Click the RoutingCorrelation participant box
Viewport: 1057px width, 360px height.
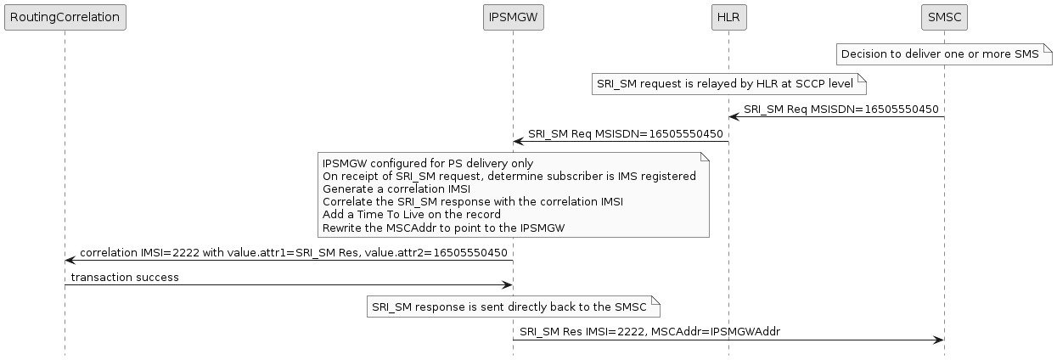[x=65, y=17]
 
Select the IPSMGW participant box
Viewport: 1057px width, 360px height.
[x=512, y=17]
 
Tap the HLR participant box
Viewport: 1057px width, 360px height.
[x=728, y=17]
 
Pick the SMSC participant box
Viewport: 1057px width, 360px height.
[x=944, y=17]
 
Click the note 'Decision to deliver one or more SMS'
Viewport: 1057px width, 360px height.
[x=940, y=54]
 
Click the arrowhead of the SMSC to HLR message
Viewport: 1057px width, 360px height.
[x=734, y=116]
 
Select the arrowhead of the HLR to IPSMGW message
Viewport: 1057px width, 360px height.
[x=518, y=141]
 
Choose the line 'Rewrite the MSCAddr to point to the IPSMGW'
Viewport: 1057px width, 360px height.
[x=443, y=228]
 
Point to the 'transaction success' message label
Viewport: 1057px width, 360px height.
[x=125, y=278]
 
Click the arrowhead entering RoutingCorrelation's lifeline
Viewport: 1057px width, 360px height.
[x=70, y=260]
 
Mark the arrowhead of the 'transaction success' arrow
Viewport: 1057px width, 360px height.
[x=507, y=284]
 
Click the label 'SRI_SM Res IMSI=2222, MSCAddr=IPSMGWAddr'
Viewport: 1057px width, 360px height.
[x=649, y=332]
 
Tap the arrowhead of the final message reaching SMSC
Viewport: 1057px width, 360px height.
[x=938, y=340]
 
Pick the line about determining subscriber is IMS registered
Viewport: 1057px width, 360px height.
[x=509, y=176]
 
